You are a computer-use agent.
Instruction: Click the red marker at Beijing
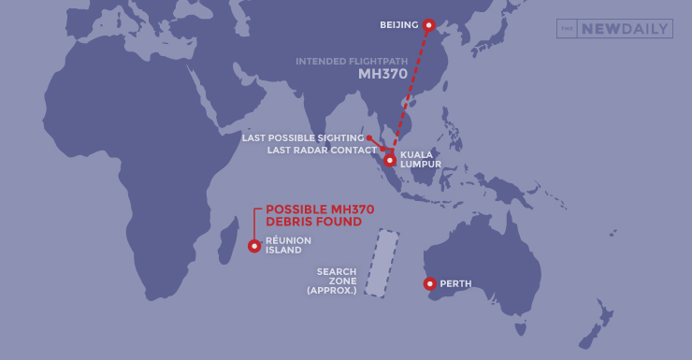coord(428,24)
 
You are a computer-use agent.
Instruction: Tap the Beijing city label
coord(399,24)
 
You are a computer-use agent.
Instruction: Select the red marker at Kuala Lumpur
coord(390,160)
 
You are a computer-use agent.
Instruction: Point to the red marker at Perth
coord(429,283)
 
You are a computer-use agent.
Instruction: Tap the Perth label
coord(455,283)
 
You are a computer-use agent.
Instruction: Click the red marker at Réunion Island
coord(254,246)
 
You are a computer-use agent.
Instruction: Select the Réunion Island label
coord(288,246)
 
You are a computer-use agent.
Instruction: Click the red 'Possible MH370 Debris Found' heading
coord(314,216)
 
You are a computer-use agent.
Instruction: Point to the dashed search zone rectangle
coord(382,264)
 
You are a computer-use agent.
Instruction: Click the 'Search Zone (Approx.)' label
coord(332,281)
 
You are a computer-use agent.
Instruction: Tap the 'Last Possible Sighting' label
coord(302,138)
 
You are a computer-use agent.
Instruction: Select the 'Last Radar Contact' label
coord(322,150)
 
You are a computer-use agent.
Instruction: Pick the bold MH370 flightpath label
coord(382,75)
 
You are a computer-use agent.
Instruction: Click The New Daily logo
coord(613,29)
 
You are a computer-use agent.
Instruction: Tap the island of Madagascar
coord(225,242)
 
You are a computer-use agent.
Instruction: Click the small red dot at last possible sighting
coord(369,138)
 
